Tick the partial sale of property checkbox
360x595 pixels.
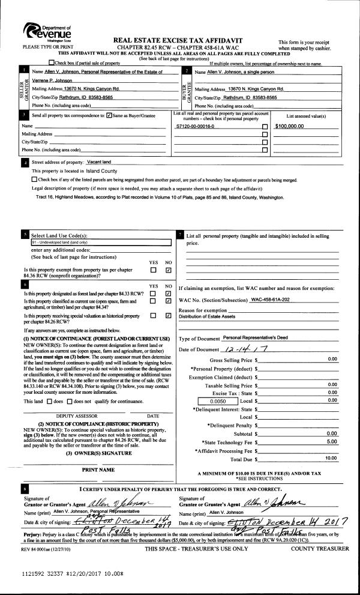pos(52,62)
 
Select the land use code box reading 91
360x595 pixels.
pos(96,242)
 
